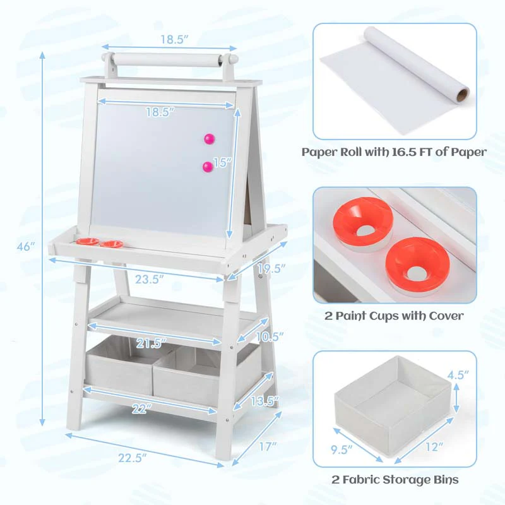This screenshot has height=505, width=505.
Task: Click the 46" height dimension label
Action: pos(25,247)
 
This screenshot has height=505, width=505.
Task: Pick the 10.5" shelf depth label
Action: pos(270,336)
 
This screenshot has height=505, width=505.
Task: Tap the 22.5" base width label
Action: pos(133,456)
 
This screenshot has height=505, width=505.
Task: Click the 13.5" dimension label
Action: pos(264,401)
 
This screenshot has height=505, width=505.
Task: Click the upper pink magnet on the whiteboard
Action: pos(209,138)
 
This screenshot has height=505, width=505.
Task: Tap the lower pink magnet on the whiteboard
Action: pos(207,167)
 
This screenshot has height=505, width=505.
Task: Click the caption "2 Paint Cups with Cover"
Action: pos(394,315)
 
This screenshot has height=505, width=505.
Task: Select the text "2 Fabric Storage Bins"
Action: pos(395,480)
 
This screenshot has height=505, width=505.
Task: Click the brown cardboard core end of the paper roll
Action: pos(463,95)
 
